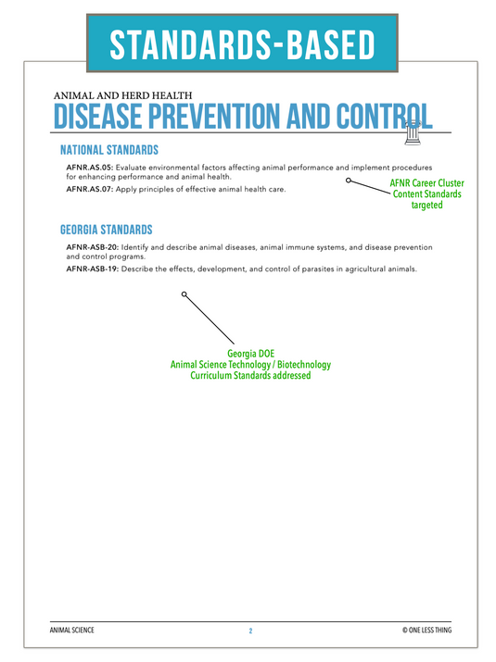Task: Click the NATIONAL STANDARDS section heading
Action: (108, 150)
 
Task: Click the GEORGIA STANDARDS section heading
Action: (106, 230)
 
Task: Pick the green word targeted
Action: (426, 205)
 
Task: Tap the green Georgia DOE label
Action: (250, 355)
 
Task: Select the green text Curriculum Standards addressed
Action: (250, 377)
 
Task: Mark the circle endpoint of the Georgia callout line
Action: (184, 294)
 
